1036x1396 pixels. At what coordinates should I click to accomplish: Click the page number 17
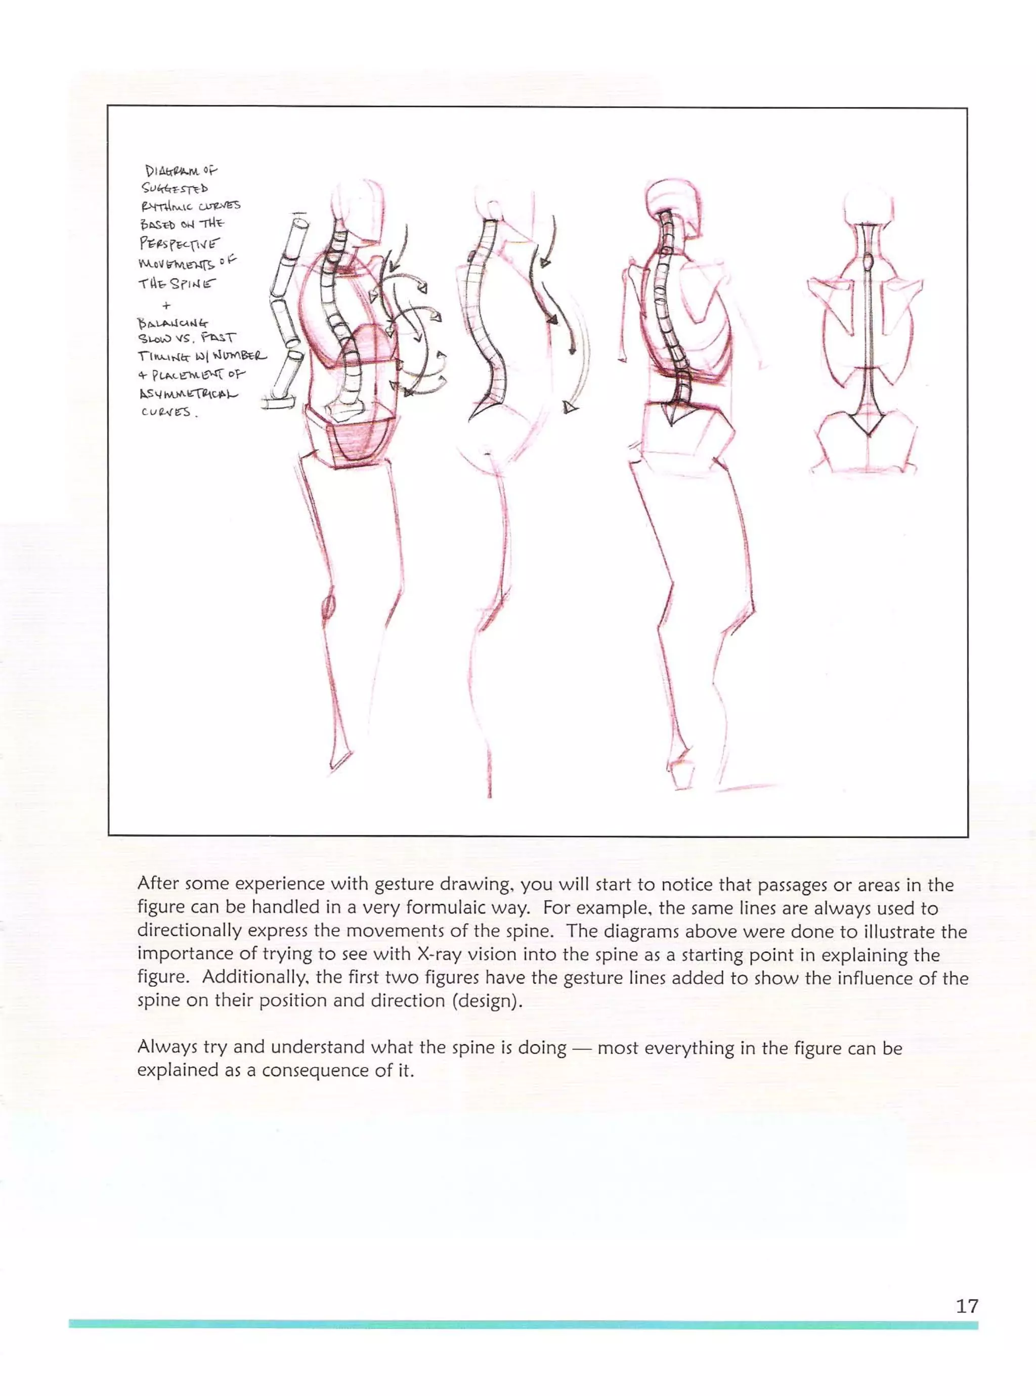click(x=966, y=1306)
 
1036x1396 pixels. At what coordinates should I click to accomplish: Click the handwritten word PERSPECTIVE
click(x=180, y=243)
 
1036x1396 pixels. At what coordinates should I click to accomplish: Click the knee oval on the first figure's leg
click(x=328, y=605)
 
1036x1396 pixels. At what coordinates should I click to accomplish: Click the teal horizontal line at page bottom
click(x=523, y=1325)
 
